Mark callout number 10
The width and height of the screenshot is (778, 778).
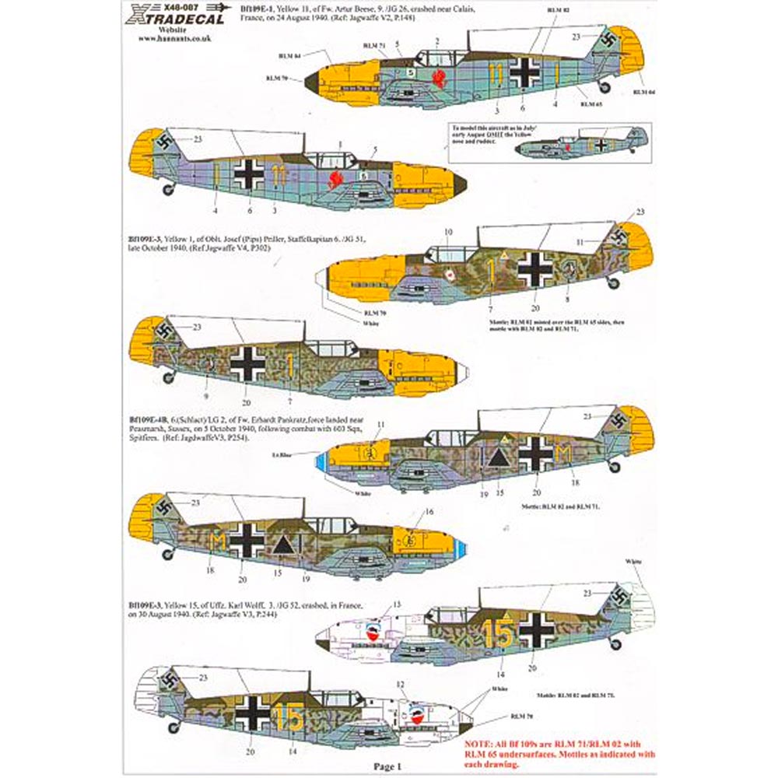pos(448,232)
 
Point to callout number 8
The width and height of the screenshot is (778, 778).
pos(567,298)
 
